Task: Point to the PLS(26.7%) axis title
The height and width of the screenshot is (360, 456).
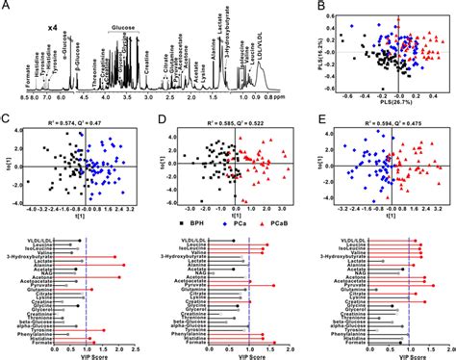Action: tap(392, 109)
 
